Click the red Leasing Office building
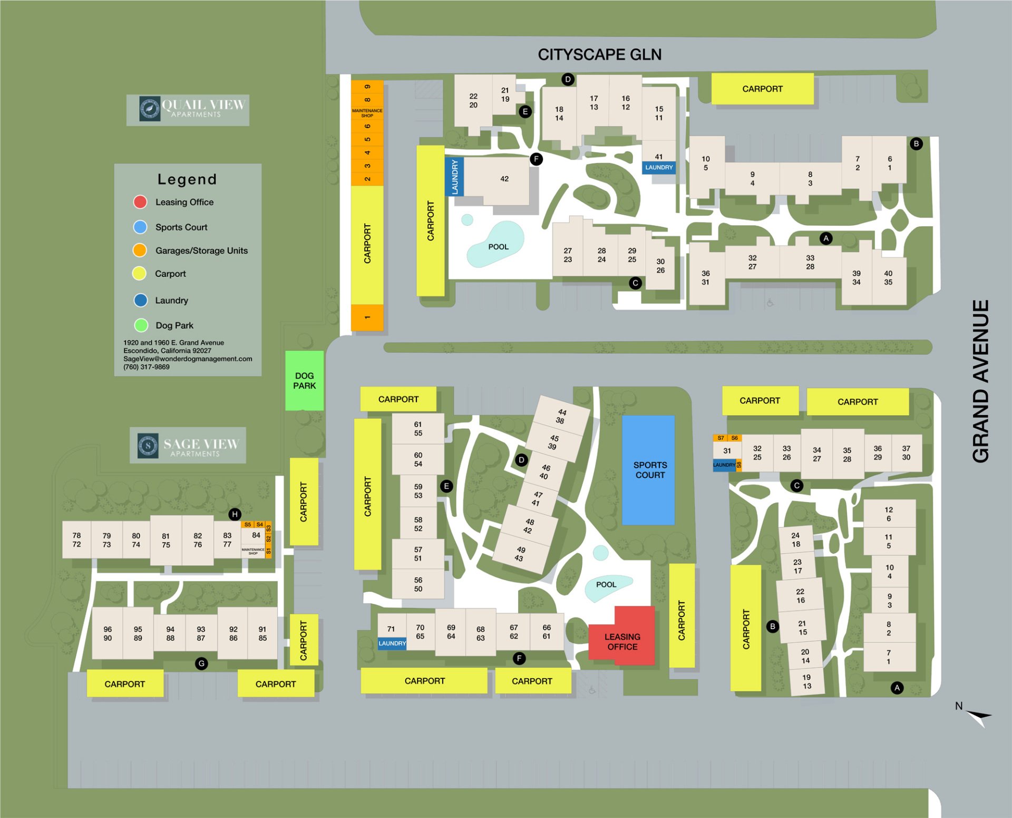tap(622, 641)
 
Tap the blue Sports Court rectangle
tap(648, 470)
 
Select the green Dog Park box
tap(304, 380)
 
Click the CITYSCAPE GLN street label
tap(599, 54)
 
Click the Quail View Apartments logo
tap(188, 109)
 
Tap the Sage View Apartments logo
tap(188, 445)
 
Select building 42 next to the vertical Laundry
tap(503, 180)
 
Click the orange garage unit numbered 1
tap(367, 317)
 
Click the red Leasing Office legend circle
tap(140, 202)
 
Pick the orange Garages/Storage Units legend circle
tap(140, 250)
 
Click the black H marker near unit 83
tap(235, 514)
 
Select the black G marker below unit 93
tap(201, 663)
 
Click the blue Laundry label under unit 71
tap(392, 643)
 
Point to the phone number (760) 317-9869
tap(147, 367)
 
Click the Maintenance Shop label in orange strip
tap(367, 113)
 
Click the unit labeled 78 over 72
tap(76, 540)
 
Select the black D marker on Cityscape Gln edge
tap(568, 80)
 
